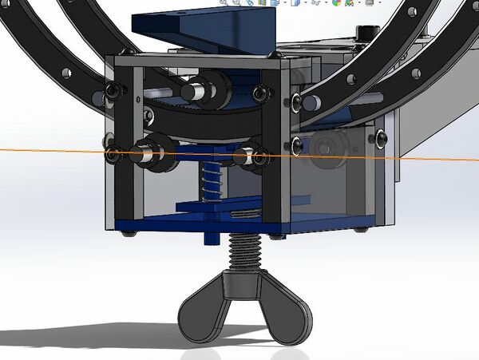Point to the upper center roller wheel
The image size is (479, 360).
(x=196, y=90)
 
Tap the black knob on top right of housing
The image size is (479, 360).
(x=366, y=32)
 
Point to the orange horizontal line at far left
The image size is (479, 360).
(x=32, y=150)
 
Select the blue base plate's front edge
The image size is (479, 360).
(x=200, y=227)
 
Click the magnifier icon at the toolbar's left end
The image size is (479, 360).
(x=224, y=3)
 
